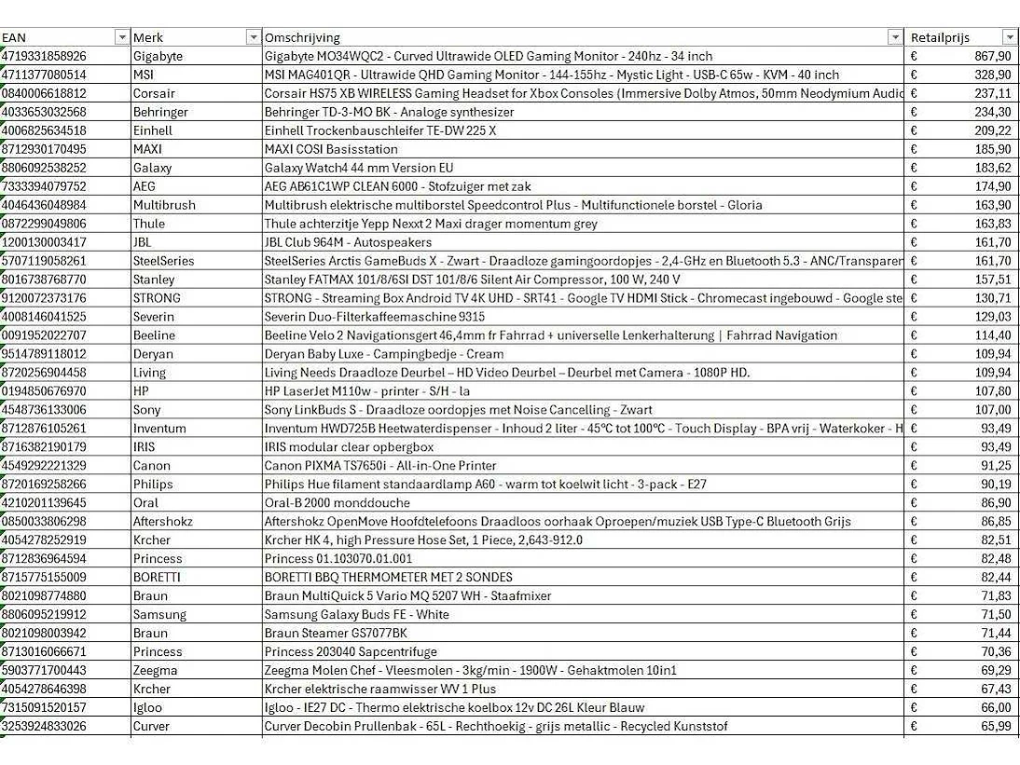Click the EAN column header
[14, 37]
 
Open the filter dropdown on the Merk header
[253, 37]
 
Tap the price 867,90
[991, 56]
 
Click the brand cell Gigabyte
[158, 56]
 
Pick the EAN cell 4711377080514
[44, 75]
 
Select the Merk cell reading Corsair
[153, 93]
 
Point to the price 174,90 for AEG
[991, 186]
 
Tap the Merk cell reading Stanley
[154, 280]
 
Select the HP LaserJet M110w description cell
[367, 391]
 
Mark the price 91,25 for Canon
[994, 466]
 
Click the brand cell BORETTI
[157, 578]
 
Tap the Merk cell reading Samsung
[159, 615]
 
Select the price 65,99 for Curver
[994, 727]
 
